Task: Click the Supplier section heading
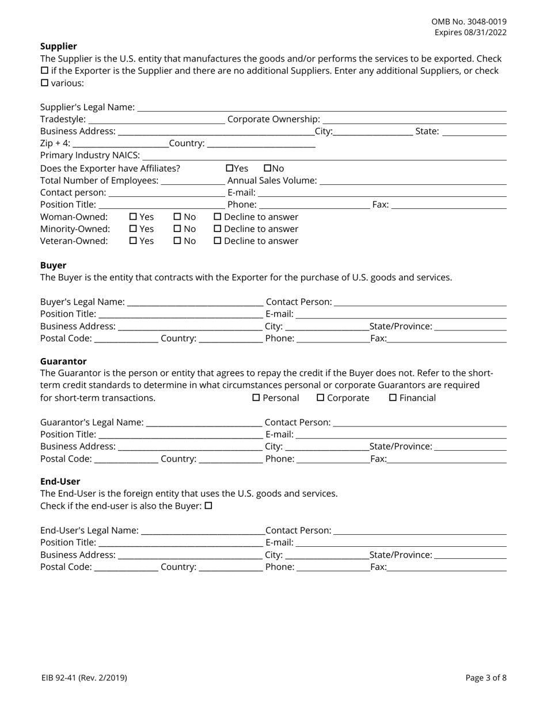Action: point(58,46)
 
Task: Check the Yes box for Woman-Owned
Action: point(134,217)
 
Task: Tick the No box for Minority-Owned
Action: point(177,229)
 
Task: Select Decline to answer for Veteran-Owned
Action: point(218,241)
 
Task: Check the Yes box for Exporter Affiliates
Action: point(230,169)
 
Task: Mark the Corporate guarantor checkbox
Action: point(321,398)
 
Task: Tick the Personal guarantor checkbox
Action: point(257,398)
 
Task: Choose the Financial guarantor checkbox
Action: point(393,398)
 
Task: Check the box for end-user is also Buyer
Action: point(209,506)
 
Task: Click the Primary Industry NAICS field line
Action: point(324,157)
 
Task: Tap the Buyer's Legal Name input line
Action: point(195,303)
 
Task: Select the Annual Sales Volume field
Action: point(412,181)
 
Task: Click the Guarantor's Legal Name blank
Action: point(204,423)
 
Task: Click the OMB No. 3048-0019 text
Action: point(469,21)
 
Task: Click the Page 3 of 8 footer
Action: point(486,678)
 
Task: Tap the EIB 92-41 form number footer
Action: point(84,678)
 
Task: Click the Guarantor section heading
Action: point(63,361)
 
